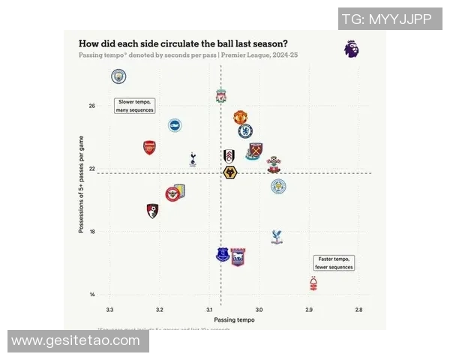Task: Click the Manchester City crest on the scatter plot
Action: point(118,76)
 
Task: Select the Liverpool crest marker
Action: point(221,96)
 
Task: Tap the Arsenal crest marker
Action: point(149,147)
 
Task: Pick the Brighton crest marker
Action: point(175,126)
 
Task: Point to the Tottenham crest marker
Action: point(193,158)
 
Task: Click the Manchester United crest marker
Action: point(240,117)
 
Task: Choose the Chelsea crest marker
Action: point(244,131)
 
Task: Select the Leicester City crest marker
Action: point(278,186)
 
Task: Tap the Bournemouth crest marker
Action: point(152,211)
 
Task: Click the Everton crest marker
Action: point(223,254)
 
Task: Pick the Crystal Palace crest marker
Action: point(277,237)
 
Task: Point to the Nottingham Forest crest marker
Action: point(313,283)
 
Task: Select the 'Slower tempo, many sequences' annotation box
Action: point(134,106)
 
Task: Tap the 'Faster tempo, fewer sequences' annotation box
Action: point(334,262)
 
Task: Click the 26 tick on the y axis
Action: point(91,106)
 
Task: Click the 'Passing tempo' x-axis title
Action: point(234,320)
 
